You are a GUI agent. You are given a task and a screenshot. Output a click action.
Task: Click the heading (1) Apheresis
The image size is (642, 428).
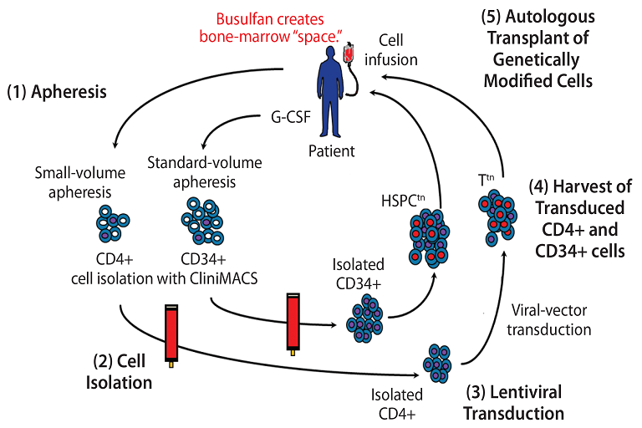(x=57, y=92)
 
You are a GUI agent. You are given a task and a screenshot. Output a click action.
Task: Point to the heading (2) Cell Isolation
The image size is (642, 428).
(x=122, y=372)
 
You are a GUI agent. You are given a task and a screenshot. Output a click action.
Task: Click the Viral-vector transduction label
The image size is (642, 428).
(x=549, y=320)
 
